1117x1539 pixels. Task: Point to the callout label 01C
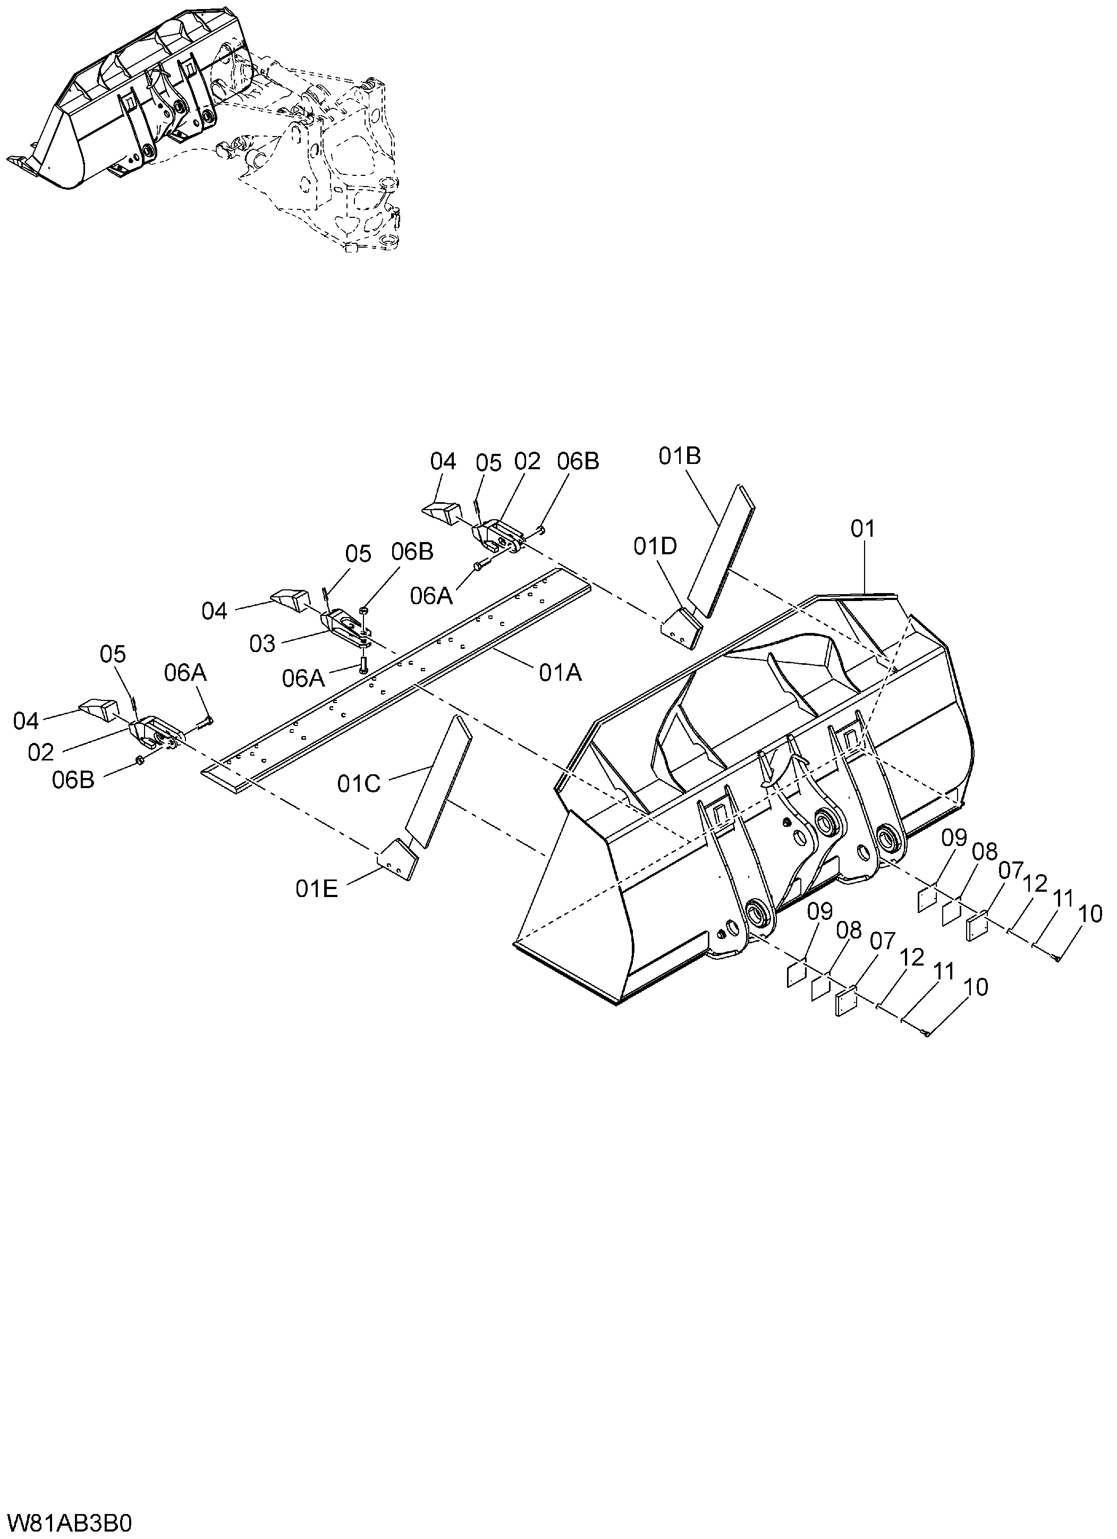[x=359, y=784]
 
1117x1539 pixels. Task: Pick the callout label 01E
[x=316, y=889]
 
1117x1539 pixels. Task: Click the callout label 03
[x=262, y=643]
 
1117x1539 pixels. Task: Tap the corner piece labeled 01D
[x=681, y=628]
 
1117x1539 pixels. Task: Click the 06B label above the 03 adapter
[x=412, y=552]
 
